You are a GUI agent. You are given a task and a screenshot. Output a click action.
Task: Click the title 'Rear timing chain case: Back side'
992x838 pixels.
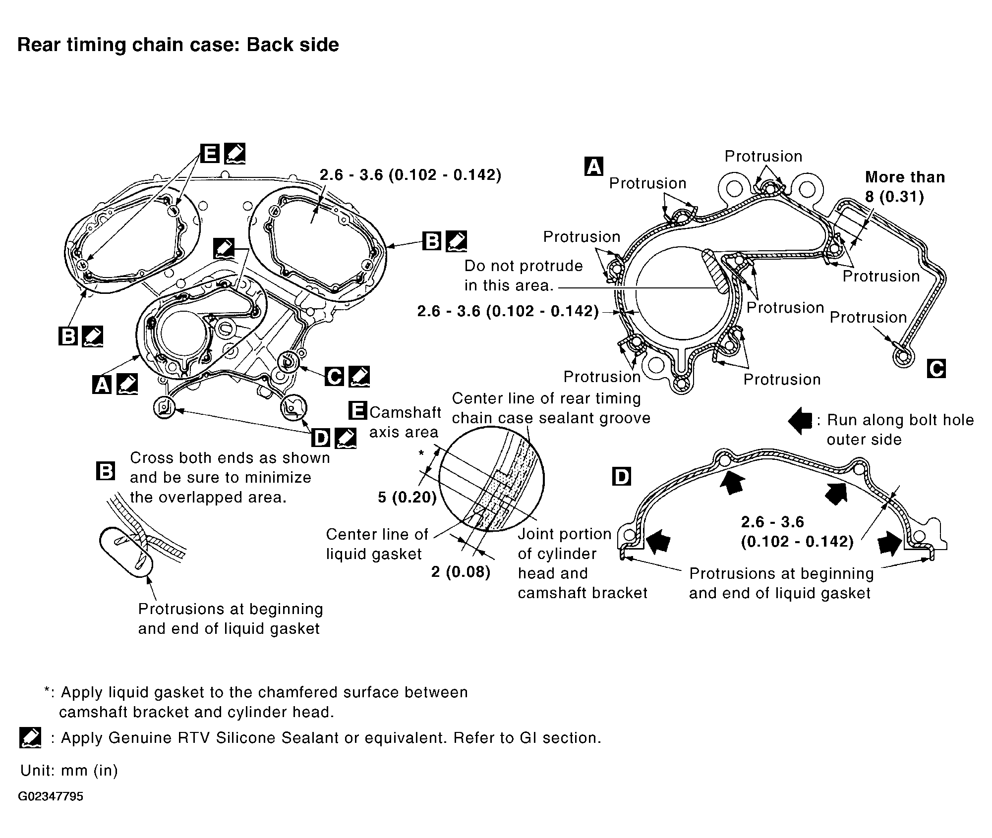pos(178,45)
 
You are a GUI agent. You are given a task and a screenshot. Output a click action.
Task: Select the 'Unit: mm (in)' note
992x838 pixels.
pos(69,771)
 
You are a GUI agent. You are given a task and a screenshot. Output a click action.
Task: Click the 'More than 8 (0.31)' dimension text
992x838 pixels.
pos(905,187)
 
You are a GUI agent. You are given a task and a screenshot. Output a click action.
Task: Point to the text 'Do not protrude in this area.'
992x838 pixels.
pos(524,276)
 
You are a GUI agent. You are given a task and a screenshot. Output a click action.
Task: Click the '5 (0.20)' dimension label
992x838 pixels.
pos(407,497)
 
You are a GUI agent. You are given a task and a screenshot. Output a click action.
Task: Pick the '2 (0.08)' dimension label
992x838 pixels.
pos(461,572)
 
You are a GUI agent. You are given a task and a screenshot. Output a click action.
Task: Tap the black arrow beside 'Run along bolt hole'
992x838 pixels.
pos(799,421)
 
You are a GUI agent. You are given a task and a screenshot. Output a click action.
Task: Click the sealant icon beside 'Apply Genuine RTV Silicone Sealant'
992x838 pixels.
pos(30,738)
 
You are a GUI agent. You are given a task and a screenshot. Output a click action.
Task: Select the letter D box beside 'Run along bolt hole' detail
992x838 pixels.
pos(622,477)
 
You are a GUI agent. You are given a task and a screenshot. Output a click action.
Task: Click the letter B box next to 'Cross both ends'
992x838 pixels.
pos(106,471)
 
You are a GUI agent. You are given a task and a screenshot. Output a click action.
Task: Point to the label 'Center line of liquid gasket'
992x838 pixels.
pos(377,544)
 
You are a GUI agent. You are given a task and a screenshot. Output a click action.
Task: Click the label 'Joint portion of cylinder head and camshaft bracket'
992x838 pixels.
pos(583,563)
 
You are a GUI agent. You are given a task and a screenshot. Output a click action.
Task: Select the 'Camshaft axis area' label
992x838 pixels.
pos(405,422)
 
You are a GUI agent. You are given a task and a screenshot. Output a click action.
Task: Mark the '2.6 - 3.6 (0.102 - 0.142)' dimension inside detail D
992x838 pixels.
pos(797,532)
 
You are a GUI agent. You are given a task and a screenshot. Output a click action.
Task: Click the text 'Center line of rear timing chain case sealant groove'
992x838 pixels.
pos(551,408)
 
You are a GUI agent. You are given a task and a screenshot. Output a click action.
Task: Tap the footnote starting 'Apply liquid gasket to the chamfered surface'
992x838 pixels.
pos(256,702)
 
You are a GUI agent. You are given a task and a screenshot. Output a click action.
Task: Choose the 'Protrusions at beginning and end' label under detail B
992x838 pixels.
pos(231,619)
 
